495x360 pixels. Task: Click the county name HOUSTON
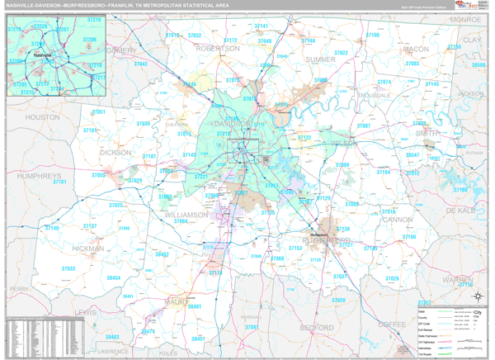(x=42, y=118)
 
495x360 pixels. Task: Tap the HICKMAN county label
(x=87, y=248)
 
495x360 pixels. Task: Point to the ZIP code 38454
(x=113, y=278)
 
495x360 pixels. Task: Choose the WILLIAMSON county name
(x=187, y=215)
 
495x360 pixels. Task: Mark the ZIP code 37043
(x=140, y=64)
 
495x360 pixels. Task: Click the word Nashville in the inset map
(x=42, y=55)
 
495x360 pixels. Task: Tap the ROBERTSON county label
(x=216, y=49)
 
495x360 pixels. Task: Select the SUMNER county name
(x=320, y=60)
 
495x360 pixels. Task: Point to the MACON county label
(x=416, y=50)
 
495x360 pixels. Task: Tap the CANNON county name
(x=398, y=220)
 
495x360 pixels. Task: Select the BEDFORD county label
(x=316, y=328)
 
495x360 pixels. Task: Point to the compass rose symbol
(x=476, y=295)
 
